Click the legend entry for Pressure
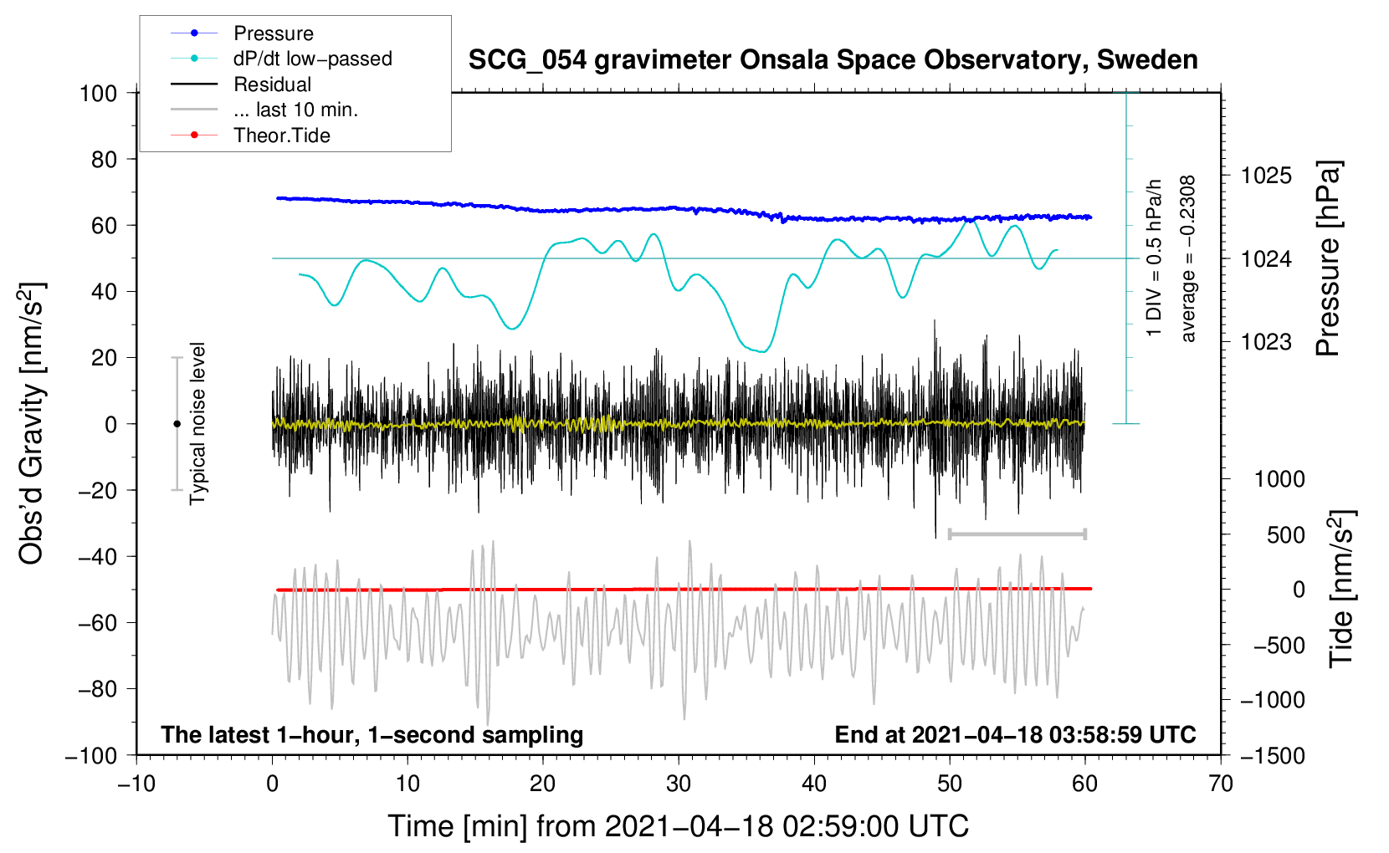242,33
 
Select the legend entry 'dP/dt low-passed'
281,59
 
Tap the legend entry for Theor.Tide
250,135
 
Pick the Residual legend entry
241,84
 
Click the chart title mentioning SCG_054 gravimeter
833,60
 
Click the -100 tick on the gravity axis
90,756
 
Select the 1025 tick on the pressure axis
1266,176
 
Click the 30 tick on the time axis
679,784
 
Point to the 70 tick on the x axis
1220,784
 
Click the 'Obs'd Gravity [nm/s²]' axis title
31,423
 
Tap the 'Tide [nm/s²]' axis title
1342,589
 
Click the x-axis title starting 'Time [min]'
679,826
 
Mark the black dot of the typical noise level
177,424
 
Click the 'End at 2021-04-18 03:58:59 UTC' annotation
1015,734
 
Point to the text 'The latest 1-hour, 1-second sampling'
372,734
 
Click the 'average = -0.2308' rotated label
1187,258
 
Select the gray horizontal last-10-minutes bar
1017,534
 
